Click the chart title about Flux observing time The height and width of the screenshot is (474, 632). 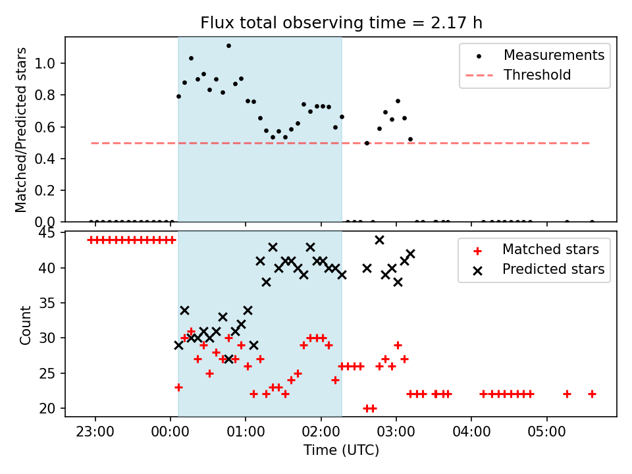click(341, 23)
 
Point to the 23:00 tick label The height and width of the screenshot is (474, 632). click(95, 432)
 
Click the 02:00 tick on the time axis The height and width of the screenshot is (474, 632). click(321, 432)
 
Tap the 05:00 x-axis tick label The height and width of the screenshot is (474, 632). click(546, 432)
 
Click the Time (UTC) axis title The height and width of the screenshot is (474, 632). click(341, 451)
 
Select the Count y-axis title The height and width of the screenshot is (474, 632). click(26, 325)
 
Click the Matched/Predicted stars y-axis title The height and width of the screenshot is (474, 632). click(22, 130)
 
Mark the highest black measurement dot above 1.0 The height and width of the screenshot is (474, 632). click(228, 46)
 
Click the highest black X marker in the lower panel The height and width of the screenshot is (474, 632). click(379, 240)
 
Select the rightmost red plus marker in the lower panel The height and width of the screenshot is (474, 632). click(592, 394)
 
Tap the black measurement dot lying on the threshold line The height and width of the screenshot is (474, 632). click(367, 143)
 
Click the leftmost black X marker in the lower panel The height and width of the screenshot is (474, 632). click(178, 345)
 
